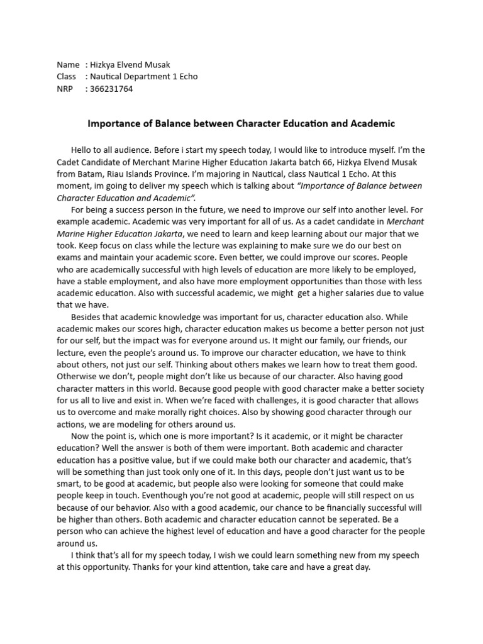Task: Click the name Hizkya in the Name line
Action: [104, 65]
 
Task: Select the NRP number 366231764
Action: [112, 89]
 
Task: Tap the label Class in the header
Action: [67, 77]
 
